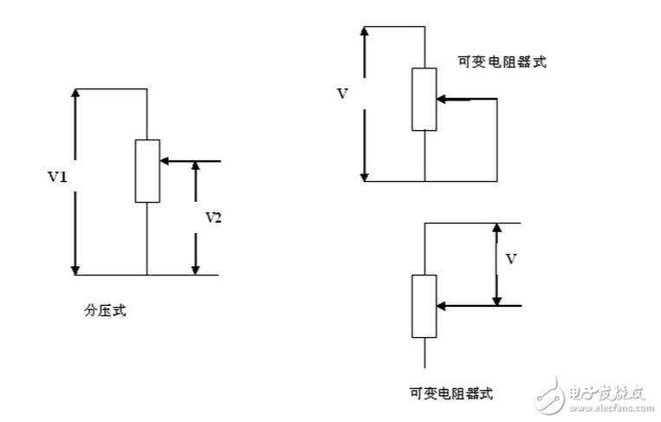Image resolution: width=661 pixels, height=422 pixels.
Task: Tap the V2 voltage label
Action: point(213,217)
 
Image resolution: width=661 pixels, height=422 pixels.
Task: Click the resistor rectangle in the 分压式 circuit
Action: point(147,171)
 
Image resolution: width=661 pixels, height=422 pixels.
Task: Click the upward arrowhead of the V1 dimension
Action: point(76,95)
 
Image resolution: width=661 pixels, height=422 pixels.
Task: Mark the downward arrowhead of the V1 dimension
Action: point(76,269)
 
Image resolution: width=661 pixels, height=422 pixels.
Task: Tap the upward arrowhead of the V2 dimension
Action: point(196,168)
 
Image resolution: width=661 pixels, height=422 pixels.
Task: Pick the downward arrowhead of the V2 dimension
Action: point(196,269)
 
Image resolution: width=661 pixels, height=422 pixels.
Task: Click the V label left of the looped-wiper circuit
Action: point(342,94)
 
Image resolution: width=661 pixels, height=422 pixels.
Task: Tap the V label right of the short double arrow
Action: point(511,258)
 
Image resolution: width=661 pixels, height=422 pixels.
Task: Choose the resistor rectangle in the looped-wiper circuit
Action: point(424,100)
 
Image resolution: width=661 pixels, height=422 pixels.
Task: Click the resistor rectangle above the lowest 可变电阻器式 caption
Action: point(424,306)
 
